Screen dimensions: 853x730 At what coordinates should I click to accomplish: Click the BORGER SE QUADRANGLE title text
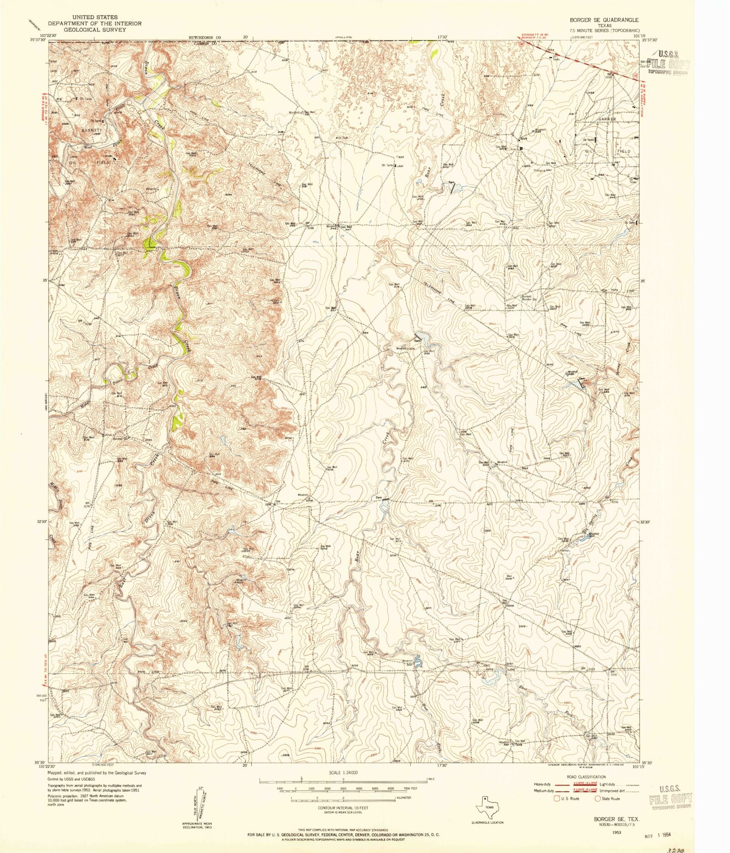pos(603,21)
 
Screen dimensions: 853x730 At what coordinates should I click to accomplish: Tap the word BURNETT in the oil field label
pos(91,130)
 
